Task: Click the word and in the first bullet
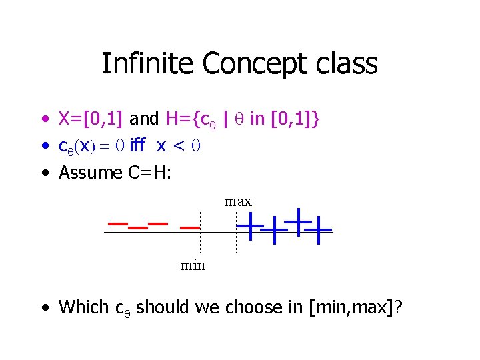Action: pos(144,119)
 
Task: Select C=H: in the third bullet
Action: pos(148,172)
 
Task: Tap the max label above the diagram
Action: pos(238,201)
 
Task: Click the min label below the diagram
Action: pos(193,265)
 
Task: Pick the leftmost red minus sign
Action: pos(118,223)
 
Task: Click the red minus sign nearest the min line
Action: pos(190,227)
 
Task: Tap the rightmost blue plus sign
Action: pos(320,231)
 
